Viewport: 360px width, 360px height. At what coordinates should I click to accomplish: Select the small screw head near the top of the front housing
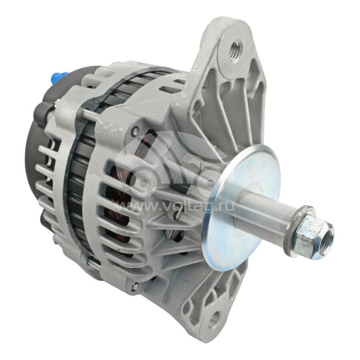[x=135, y=131]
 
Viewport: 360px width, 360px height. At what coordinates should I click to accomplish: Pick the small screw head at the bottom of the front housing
[x=134, y=284]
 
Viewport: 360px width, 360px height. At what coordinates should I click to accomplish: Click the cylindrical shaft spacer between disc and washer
[x=265, y=211]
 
